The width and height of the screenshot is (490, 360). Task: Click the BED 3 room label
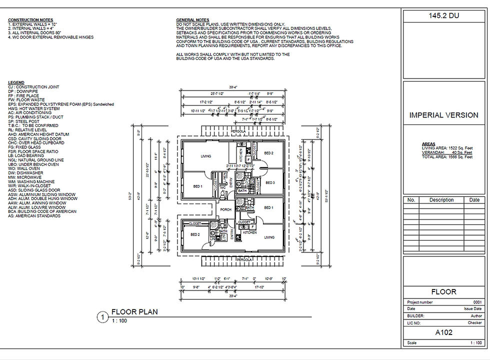point(269,183)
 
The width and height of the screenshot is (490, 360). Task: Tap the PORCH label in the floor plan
point(225,209)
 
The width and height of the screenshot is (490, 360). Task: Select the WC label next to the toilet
point(222,187)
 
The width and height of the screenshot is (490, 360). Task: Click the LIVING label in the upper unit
point(205,156)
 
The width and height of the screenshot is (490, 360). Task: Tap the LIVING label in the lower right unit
point(269,237)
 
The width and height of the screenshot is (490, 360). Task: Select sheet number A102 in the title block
point(443,331)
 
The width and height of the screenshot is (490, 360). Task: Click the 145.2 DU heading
point(443,16)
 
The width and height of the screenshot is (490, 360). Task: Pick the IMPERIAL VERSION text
point(443,115)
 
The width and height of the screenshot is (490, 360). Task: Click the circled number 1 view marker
point(102,316)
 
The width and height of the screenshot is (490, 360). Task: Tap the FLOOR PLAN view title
point(134,312)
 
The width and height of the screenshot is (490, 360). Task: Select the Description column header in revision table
point(441,200)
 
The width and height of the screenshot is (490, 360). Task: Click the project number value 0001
point(477,302)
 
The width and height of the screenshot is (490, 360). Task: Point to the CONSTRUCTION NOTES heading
point(30,20)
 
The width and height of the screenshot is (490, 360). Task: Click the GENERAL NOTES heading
point(192,20)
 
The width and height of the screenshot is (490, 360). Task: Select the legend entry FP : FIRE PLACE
point(24,95)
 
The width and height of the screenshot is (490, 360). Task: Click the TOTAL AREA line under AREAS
point(447,157)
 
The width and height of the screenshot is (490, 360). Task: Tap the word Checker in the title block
point(475,323)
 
